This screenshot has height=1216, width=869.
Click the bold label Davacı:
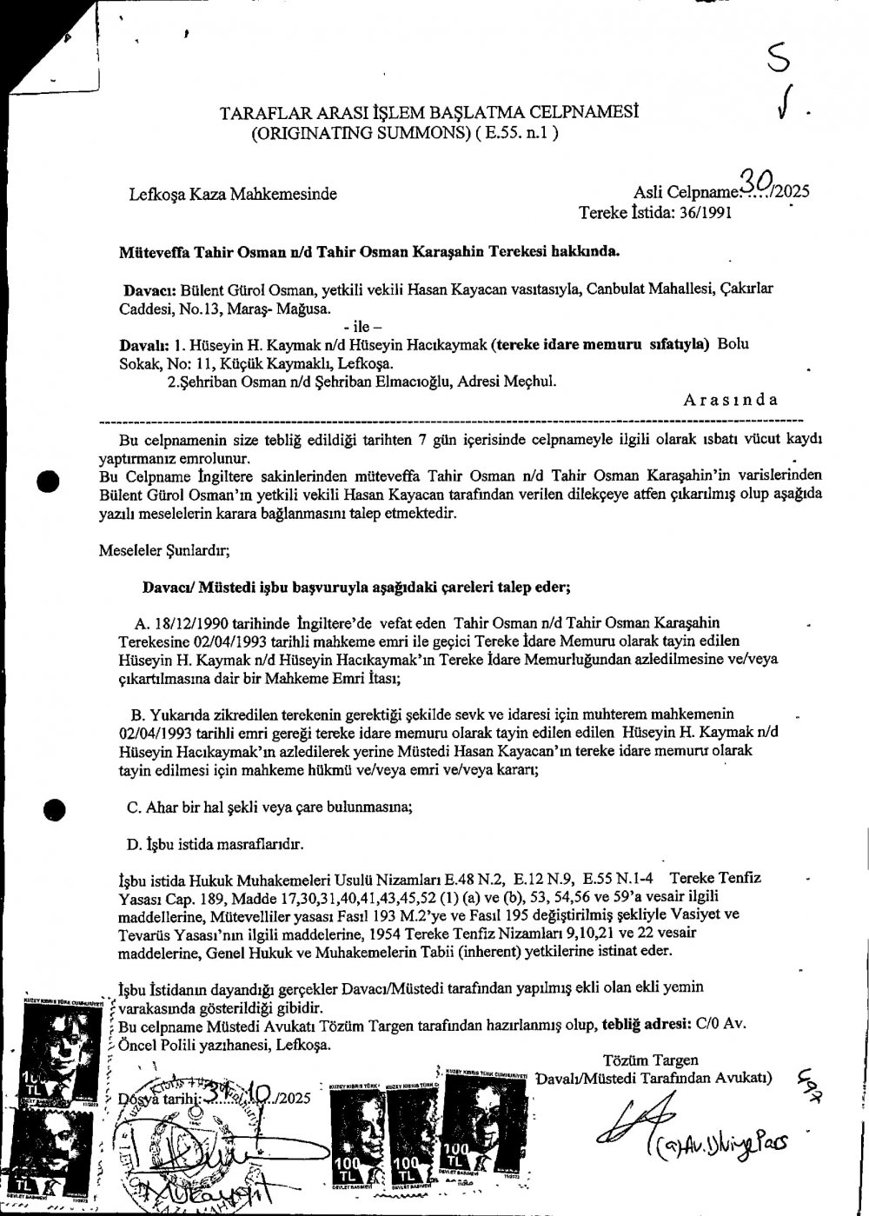click(152, 289)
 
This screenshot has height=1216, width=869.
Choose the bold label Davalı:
click(144, 343)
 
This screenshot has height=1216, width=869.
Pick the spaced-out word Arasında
click(731, 400)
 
